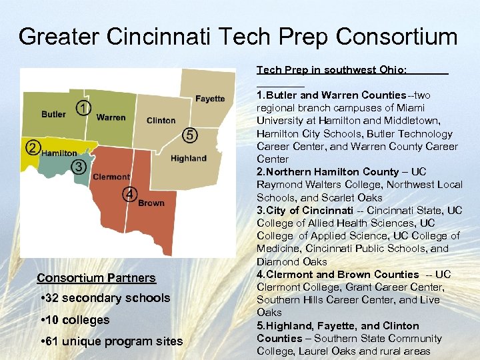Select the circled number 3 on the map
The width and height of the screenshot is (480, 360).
coord(79,166)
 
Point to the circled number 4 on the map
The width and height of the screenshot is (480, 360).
coord(129,194)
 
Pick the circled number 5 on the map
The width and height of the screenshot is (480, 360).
coord(190,135)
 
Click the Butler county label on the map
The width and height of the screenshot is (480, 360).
coord(53,114)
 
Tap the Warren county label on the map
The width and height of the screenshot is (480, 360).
coord(111,117)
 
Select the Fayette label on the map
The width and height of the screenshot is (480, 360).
coord(210,99)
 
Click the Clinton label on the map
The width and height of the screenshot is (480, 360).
coord(161,121)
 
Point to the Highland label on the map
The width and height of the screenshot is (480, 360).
coord(189,158)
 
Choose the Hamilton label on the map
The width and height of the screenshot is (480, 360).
coord(59,153)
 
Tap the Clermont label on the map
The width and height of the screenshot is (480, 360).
coord(111,177)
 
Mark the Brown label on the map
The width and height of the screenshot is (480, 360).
coord(151,203)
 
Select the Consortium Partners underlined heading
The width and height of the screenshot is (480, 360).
coord(96,278)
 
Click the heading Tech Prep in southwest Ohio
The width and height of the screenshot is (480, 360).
coord(332,69)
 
